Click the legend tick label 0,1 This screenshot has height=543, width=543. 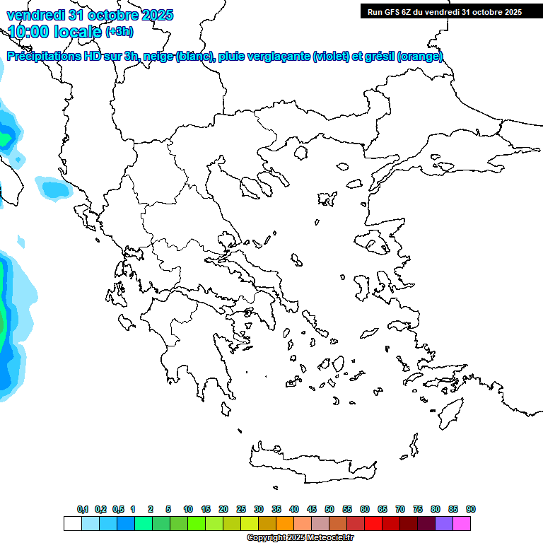coord(83,509)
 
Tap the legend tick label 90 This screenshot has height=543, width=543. coord(471,509)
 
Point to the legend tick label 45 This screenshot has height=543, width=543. coord(312,509)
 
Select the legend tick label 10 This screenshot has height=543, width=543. coord(188,509)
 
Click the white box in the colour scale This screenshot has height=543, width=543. coord(72,523)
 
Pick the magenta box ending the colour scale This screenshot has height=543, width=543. coord(462,523)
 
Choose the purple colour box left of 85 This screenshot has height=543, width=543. coord(444,523)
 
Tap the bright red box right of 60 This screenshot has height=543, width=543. coord(373,523)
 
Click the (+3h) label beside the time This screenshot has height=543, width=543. coord(119,32)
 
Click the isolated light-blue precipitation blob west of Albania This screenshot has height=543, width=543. coord(54,188)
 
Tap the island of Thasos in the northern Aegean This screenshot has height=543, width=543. coord(300,152)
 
